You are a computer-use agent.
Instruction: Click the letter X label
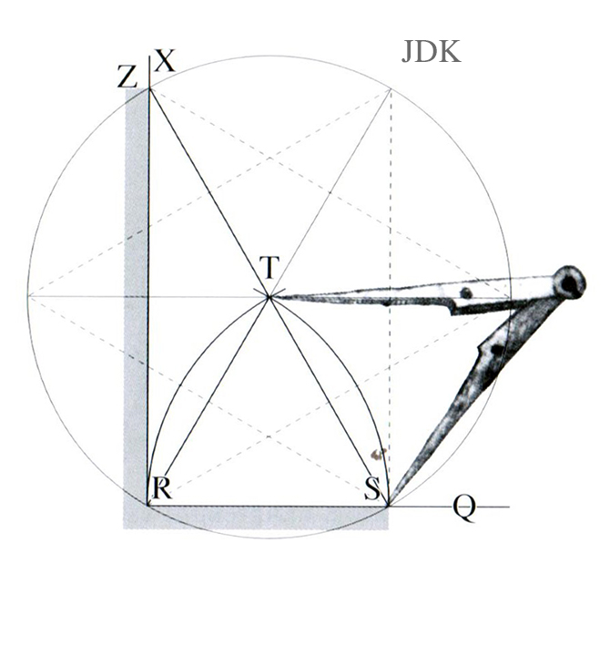coord(166,61)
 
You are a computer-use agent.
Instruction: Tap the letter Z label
coord(127,77)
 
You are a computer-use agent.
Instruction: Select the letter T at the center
coord(269,267)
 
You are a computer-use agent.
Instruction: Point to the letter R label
coord(162,488)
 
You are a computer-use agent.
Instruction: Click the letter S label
coord(372,488)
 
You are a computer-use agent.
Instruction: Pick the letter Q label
coord(464,508)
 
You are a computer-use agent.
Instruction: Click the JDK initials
coord(431,52)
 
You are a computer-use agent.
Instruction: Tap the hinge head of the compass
coord(570,282)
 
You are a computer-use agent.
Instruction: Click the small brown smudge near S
coord(377,454)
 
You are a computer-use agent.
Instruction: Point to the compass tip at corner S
coord(389,505)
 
